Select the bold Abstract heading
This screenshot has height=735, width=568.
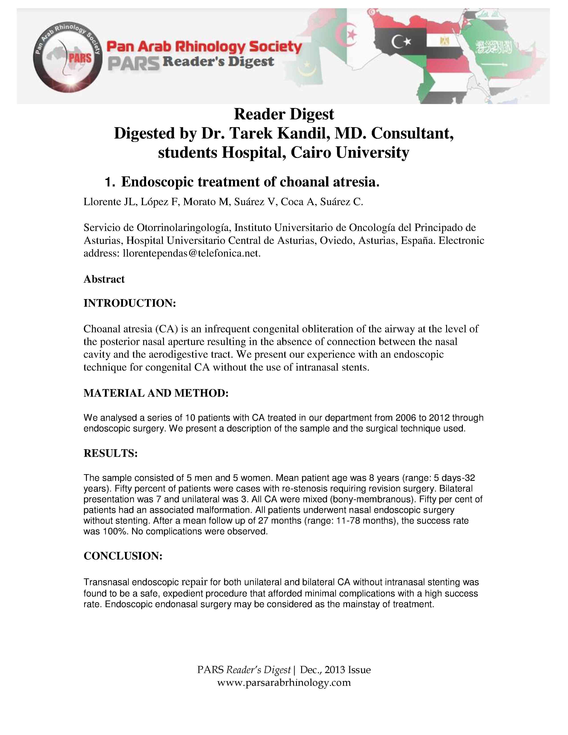click(x=104, y=279)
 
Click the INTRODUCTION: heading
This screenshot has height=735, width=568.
click(x=130, y=303)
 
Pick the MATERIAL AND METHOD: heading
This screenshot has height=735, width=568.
click(x=156, y=393)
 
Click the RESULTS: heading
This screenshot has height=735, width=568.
click(x=110, y=453)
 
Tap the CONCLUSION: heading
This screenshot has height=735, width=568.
click(x=123, y=556)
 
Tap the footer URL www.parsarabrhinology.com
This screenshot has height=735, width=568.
click(x=284, y=683)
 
